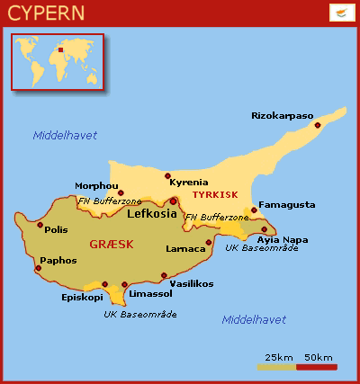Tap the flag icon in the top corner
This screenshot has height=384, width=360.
[340, 13]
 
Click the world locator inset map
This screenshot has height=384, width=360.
[58, 62]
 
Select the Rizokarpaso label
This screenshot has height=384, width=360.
[282, 114]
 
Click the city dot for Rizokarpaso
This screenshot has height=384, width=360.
[317, 125]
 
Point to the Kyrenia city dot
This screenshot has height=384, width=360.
[167, 176]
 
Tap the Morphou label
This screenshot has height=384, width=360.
[95, 186]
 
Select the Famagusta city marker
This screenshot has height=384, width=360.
[255, 211]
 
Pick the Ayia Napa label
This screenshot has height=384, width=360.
[282, 239]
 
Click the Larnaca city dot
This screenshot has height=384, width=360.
[209, 242]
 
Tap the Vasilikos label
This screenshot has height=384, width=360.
[191, 283]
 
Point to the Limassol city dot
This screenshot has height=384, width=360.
[123, 285]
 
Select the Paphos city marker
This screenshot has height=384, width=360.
[38, 268]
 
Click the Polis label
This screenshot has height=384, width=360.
[56, 229]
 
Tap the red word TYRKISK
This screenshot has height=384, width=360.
[215, 194]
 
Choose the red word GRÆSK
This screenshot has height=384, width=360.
[112, 244]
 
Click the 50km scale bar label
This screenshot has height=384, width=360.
[318, 358]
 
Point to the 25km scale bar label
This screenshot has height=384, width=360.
[280, 358]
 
